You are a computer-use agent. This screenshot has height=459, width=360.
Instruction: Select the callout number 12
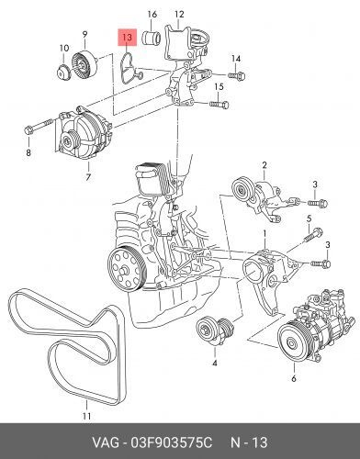coord(180,15)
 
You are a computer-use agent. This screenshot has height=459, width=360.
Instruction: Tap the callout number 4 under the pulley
coord(214,364)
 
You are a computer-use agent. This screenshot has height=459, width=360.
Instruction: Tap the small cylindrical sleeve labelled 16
coord(154,39)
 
